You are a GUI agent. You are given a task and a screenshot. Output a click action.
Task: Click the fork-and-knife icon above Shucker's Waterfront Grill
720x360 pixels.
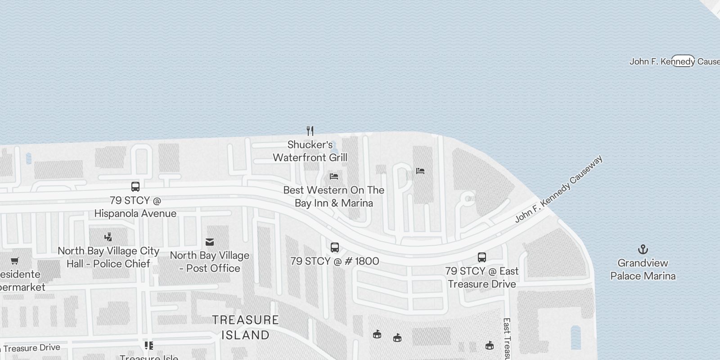click(x=310, y=131)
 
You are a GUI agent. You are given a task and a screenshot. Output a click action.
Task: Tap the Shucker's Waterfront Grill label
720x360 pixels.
click(x=310, y=151)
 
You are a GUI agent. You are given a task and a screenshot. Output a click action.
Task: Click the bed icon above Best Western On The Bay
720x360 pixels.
click(x=333, y=176)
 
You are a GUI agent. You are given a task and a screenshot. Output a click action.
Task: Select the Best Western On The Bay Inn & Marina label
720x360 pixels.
click(x=334, y=197)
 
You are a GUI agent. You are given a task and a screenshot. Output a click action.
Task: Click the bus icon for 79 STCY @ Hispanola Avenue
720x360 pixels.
click(x=135, y=186)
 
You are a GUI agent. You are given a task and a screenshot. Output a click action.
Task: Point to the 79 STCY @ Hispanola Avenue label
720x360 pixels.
click(x=135, y=207)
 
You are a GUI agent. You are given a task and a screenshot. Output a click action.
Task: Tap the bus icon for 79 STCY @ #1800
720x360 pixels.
click(x=334, y=247)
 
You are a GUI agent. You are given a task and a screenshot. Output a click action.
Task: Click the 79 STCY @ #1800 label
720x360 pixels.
click(x=334, y=261)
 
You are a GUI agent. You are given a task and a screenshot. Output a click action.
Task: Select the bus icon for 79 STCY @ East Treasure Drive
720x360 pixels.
click(x=481, y=257)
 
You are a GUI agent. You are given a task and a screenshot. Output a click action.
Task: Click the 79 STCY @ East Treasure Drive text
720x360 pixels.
click(x=481, y=278)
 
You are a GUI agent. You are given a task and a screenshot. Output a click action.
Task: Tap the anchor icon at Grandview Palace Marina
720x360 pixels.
click(x=643, y=249)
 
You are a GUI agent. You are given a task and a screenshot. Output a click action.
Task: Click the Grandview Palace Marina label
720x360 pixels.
click(x=643, y=270)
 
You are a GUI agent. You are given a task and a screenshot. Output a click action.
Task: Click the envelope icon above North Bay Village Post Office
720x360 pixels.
click(x=210, y=242)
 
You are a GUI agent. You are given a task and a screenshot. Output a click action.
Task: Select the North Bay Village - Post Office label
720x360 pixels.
click(x=210, y=262)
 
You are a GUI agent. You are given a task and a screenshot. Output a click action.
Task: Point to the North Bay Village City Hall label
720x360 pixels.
click(x=108, y=257)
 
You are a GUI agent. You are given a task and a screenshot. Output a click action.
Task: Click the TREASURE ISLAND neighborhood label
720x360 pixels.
click(x=245, y=328)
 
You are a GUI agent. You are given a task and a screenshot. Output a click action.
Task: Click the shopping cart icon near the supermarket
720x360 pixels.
click(x=14, y=261)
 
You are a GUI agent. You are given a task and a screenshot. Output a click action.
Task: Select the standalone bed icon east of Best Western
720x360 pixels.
click(x=420, y=171)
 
